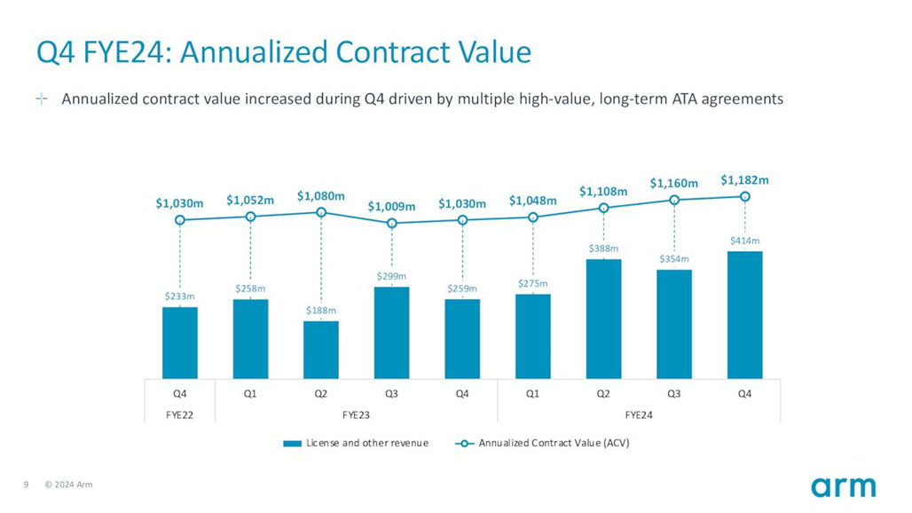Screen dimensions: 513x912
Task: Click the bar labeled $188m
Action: click(321, 350)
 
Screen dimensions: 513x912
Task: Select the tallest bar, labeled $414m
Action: click(745, 315)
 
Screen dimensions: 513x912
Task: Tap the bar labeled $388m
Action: click(603, 319)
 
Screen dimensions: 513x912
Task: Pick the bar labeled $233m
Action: click(180, 343)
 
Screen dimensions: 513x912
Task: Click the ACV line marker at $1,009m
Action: click(392, 223)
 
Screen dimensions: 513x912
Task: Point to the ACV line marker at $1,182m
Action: click(745, 197)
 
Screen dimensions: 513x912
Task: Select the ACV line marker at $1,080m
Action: click(321, 212)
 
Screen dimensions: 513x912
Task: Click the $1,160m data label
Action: click(673, 184)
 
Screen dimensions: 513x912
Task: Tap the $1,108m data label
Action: click(603, 191)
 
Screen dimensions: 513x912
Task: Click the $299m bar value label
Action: click(391, 277)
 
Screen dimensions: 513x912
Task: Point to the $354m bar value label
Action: click(673, 259)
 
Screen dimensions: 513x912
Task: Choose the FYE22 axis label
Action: click(180, 414)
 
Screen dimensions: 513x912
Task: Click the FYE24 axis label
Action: click(639, 414)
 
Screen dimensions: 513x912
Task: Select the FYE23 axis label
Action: click(356, 414)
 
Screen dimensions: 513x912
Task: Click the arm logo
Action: click(843, 486)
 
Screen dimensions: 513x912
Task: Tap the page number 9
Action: click(26, 485)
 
